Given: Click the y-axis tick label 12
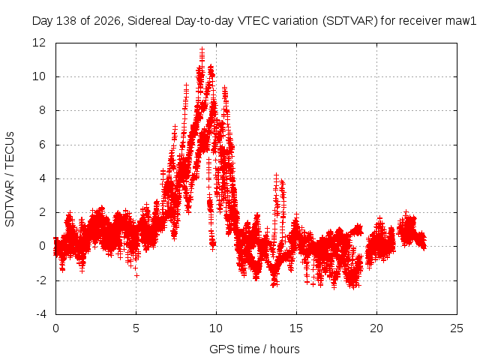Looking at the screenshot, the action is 39,43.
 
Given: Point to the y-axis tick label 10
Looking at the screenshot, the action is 39,76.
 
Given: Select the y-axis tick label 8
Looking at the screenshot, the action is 42,110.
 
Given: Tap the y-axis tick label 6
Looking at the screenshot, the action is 42,145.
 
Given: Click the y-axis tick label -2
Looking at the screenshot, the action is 40,280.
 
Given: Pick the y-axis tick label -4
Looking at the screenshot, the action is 40,314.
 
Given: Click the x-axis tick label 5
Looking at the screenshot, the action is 136,328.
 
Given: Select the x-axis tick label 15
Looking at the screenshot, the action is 296,328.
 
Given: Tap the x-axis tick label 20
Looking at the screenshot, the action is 376,328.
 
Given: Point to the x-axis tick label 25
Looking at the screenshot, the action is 457,328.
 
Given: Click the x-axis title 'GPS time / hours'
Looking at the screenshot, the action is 254,349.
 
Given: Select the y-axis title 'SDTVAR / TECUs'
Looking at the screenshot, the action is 10,179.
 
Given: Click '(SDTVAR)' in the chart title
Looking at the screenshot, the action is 350,21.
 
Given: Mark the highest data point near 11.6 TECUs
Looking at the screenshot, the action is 202,49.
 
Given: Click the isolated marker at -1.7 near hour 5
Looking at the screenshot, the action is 136,275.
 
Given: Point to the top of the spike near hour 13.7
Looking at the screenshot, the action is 277,175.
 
